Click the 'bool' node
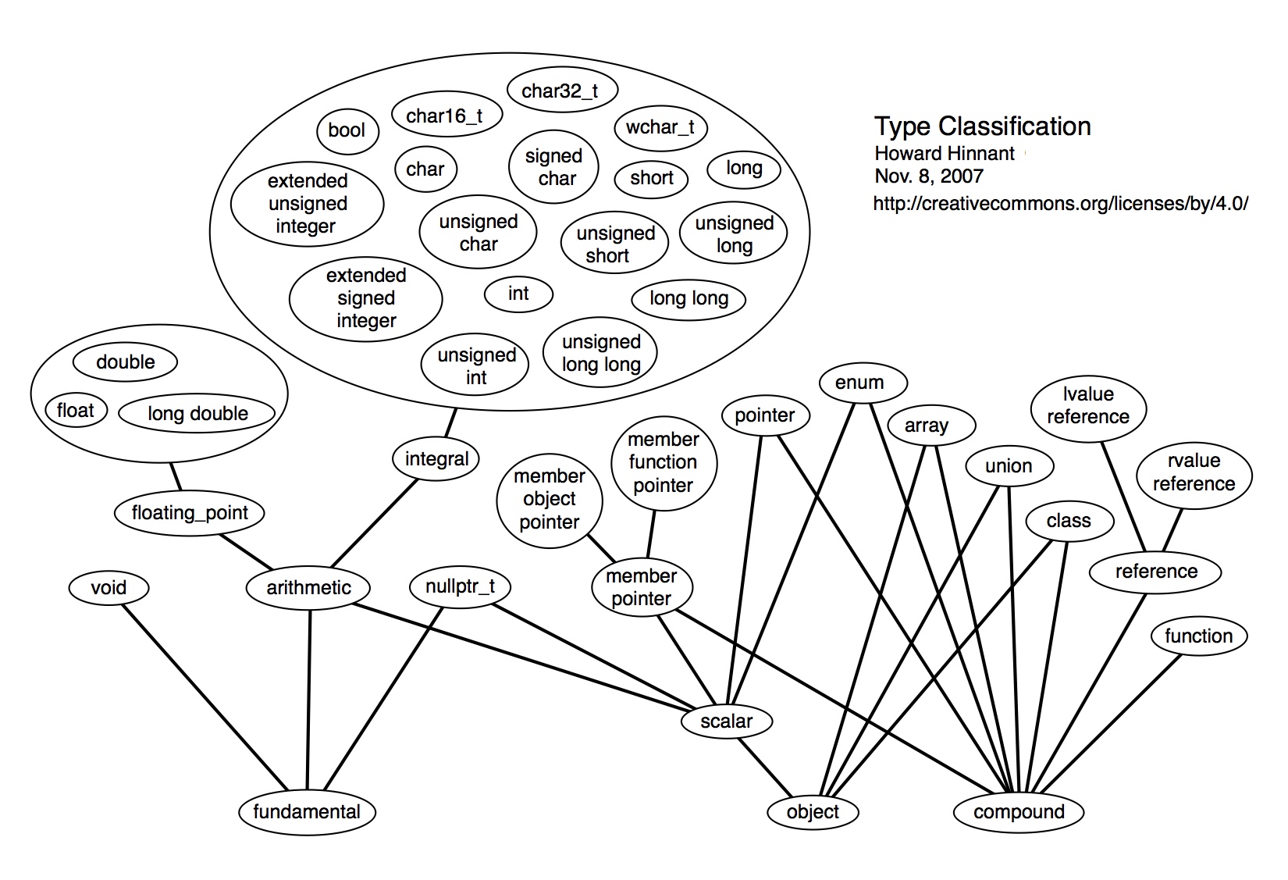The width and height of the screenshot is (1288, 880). pos(347,130)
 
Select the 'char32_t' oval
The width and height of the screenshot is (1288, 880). pos(560,91)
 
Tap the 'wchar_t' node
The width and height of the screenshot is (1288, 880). pos(660,127)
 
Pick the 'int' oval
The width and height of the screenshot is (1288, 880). pos(518,294)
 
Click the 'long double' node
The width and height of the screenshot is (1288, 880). pos(197,413)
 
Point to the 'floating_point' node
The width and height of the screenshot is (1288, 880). pos(190,513)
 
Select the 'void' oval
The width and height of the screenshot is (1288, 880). pos(109,587)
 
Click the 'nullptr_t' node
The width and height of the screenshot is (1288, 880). pos(460,586)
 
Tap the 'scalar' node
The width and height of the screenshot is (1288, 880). pos(726,721)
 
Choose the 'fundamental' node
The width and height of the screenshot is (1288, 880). pos(307,811)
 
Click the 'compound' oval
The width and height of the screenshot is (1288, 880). pos(1019,811)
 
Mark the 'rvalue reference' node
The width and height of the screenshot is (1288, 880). pos(1194,472)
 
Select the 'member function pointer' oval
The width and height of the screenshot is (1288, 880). pos(663,462)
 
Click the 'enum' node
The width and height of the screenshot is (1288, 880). pos(859,383)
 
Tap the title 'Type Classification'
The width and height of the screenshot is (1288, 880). pos(982,126)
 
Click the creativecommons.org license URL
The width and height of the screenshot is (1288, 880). pos(1061,204)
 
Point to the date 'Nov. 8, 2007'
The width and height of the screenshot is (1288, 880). pos(929,176)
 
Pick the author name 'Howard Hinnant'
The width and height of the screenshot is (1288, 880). pos(945,153)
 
